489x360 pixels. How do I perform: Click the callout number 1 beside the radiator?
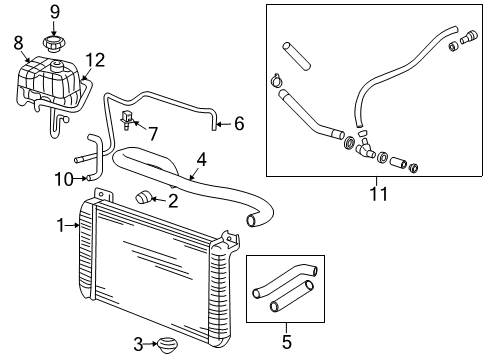point(59,224)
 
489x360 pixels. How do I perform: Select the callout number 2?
point(173,201)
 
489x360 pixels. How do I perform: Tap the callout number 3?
point(138,345)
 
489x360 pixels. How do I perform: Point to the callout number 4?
point(202,158)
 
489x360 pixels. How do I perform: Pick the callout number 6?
point(238,124)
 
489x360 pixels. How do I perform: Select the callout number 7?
point(153,132)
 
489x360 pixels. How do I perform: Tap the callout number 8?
point(18,42)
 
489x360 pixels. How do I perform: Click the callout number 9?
point(55,12)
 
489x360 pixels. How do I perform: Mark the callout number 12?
point(94,59)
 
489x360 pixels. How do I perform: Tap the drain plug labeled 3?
point(167,346)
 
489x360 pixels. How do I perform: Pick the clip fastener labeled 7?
point(127,122)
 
